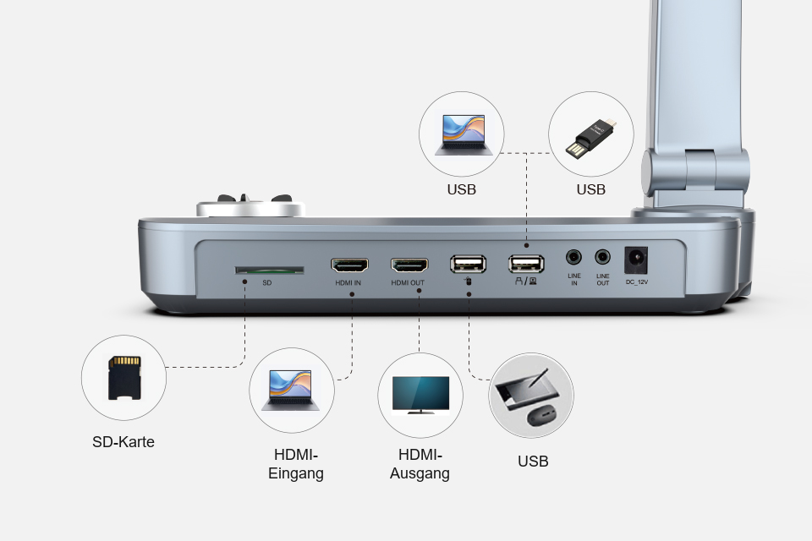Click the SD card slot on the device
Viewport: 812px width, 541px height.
tap(269, 270)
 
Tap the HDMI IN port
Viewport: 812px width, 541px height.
tap(350, 265)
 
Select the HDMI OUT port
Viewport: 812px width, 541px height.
tap(409, 265)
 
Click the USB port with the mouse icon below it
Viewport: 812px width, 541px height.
tap(468, 264)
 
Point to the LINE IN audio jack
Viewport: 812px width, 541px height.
tap(573, 257)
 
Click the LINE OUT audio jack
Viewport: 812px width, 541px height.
tap(602, 257)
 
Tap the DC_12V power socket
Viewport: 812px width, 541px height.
tap(636, 260)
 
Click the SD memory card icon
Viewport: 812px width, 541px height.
tap(124, 377)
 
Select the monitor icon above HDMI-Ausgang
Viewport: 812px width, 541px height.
tap(420, 395)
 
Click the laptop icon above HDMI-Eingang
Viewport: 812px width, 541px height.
tap(290, 391)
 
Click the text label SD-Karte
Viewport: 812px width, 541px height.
tap(123, 442)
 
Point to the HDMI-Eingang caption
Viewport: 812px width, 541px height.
tap(296, 464)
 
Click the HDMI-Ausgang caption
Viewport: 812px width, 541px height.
tap(420, 464)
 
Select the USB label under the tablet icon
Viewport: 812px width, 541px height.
tap(533, 462)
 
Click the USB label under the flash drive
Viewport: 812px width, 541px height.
tap(591, 189)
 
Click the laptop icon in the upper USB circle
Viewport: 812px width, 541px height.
tap(464, 135)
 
